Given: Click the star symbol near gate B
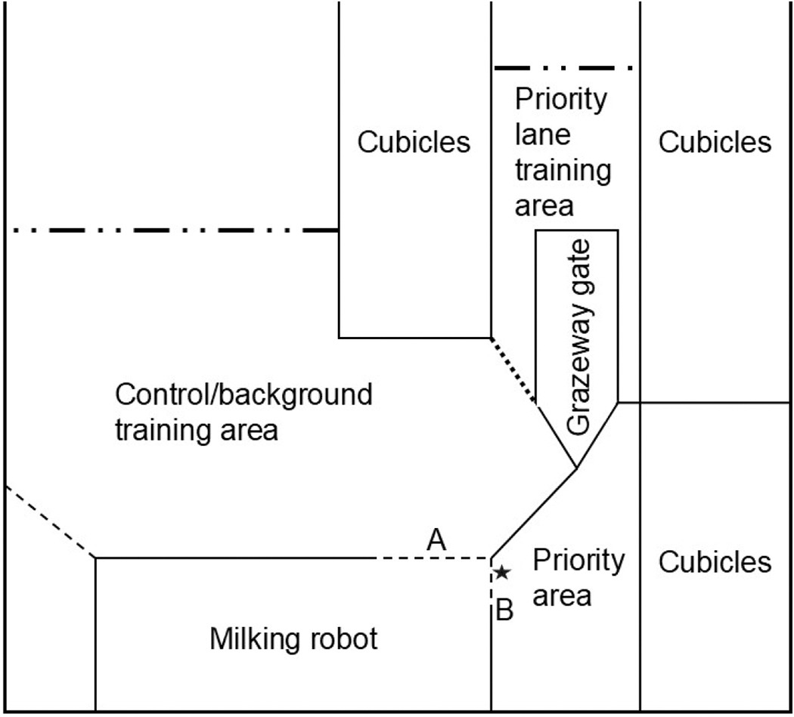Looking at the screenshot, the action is click(x=502, y=572).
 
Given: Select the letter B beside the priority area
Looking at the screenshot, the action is click(x=504, y=610).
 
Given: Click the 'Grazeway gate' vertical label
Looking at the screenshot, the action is click(x=578, y=337).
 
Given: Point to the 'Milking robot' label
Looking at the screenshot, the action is click(x=293, y=638).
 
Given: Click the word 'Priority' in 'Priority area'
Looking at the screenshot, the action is click(x=578, y=561).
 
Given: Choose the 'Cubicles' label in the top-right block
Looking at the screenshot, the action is click(x=715, y=142).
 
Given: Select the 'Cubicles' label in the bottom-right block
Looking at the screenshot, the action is click(x=715, y=561).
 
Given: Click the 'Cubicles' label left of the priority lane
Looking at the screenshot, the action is click(x=414, y=142).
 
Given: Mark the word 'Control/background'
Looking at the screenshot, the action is click(x=243, y=395).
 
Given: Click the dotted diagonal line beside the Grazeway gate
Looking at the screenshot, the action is click(x=513, y=370).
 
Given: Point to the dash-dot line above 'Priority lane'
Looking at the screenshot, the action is click(x=563, y=67).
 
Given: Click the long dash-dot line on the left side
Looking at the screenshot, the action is click(x=175, y=230).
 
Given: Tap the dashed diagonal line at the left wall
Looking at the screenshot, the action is click(x=50, y=521).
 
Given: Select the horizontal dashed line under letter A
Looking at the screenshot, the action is click(x=434, y=558).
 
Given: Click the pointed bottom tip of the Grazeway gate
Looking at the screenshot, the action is click(x=576, y=468).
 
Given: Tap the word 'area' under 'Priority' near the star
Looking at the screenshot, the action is click(x=562, y=597).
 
